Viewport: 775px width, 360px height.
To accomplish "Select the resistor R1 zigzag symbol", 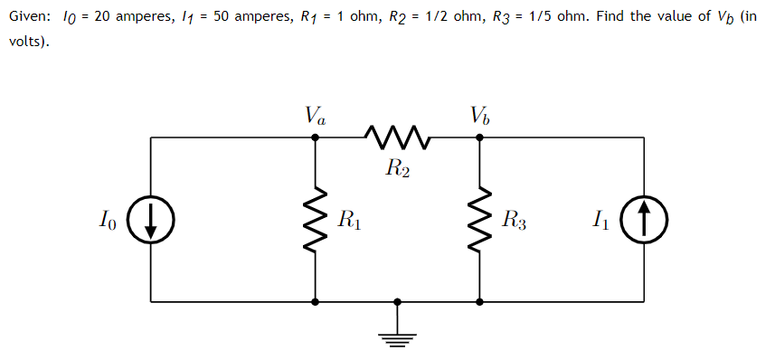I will click(x=315, y=220).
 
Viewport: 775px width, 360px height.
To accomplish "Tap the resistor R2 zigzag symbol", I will click(x=397, y=137).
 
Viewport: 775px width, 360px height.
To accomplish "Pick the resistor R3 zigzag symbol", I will click(x=479, y=220).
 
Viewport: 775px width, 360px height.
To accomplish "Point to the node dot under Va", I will click(x=315, y=137).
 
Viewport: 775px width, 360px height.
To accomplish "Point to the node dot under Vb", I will click(x=479, y=137).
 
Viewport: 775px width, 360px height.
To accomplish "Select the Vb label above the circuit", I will click(x=479, y=116).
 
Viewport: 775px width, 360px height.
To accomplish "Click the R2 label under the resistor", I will click(x=397, y=168).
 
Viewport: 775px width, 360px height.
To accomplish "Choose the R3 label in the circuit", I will click(x=514, y=219).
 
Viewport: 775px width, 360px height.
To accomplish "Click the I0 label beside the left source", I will click(x=108, y=219).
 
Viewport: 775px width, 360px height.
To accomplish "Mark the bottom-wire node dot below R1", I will click(x=315, y=302).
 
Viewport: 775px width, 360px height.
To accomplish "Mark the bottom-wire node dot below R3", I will click(x=479, y=302).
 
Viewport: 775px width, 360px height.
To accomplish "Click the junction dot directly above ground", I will click(x=397, y=302).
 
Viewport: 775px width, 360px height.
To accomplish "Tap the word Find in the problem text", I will click(x=611, y=18).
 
